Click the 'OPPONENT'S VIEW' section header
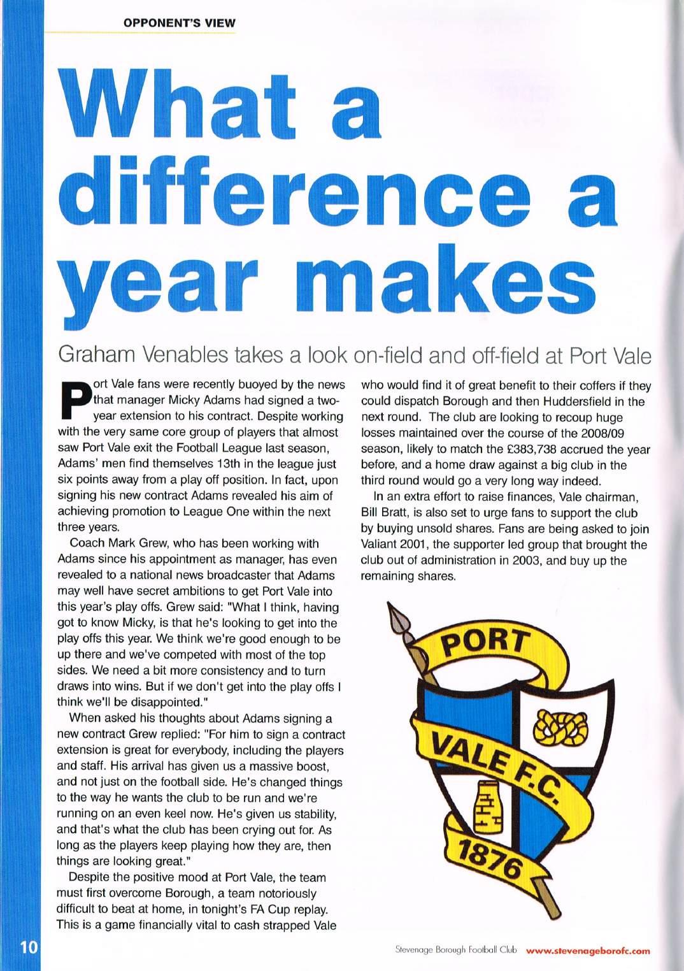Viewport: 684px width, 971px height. click(180, 24)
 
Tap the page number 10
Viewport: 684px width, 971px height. click(21, 946)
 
